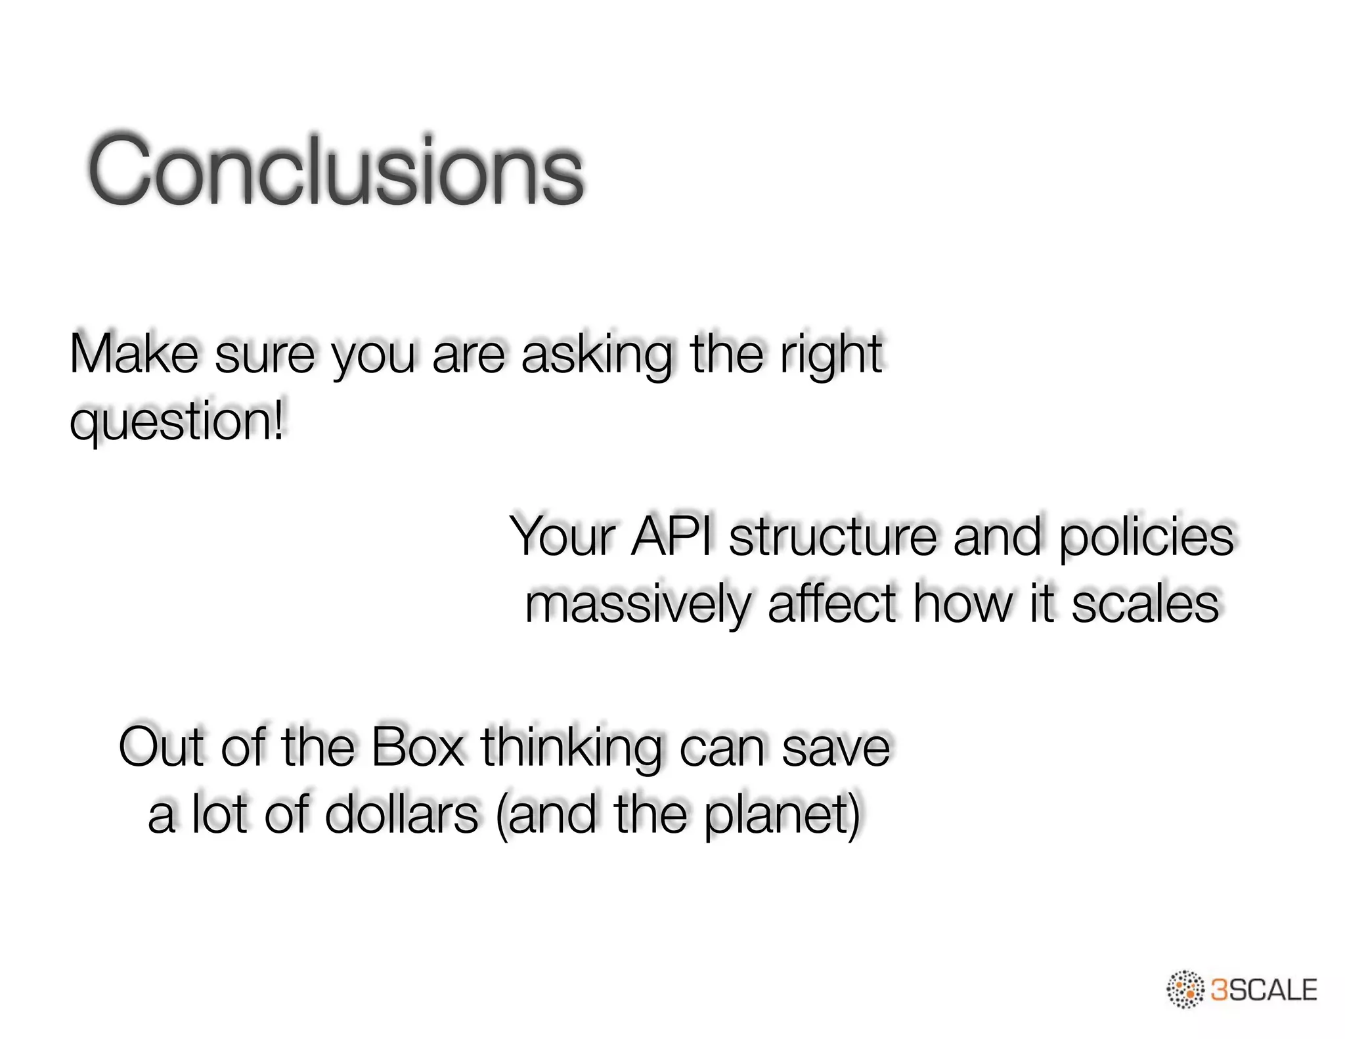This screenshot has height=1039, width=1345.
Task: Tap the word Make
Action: tap(134, 355)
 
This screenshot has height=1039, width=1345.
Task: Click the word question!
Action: tap(177, 422)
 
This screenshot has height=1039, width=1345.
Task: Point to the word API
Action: tap(671, 537)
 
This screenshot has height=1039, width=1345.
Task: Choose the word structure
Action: tap(833, 537)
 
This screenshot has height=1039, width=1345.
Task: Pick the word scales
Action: tap(1145, 604)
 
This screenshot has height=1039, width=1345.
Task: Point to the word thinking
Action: tap(571, 749)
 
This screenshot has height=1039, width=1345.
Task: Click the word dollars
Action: tap(401, 814)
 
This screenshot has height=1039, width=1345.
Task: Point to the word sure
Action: tap(265, 355)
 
